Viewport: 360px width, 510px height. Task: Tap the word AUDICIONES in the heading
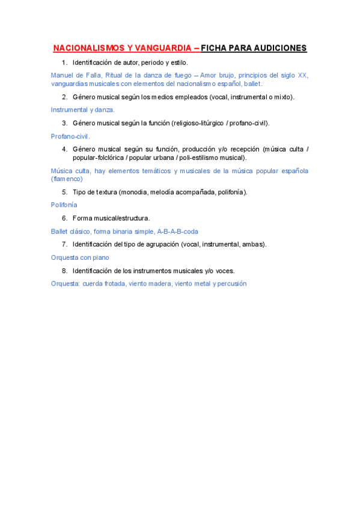point(277,48)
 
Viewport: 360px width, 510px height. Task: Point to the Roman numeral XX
point(303,75)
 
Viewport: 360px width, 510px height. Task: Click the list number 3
point(64,123)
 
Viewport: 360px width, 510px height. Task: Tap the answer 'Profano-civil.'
point(70,136)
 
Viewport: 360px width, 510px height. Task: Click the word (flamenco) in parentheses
point(67,179)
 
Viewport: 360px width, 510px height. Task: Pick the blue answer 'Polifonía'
point(64,204)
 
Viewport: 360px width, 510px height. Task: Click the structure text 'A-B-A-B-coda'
point(178,231)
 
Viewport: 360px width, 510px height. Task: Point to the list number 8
point(64,271)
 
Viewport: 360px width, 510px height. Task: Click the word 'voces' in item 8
point(222,271)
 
